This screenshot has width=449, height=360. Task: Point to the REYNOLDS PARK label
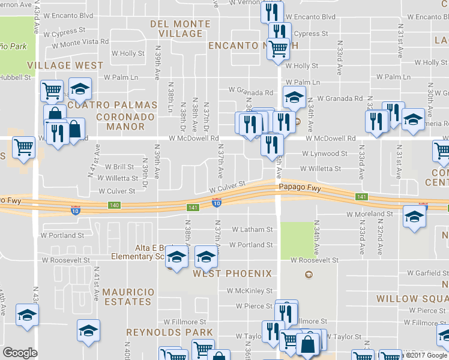click(x=169, y=332)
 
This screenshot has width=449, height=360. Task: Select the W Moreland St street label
click(x=370, y=214)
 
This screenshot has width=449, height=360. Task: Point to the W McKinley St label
click(x=250, y=291)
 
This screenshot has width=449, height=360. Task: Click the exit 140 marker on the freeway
click(x=114, y=206)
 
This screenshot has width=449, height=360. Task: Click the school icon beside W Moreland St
click(x=414, y=216)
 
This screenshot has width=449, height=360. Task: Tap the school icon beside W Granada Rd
click(x=294, y=97)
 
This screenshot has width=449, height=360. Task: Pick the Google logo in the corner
click(x=20, y=353)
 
